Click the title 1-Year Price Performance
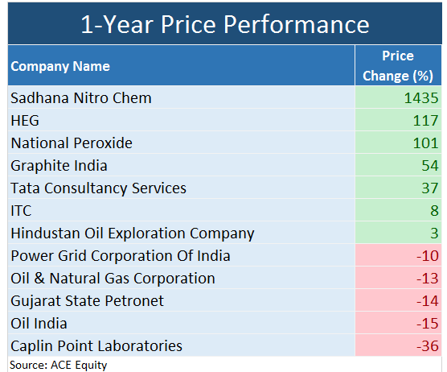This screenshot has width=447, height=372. [224, 23]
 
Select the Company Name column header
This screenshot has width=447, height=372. [60, 66]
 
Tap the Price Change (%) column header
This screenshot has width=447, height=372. [398, 66]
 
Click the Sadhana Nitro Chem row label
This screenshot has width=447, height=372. [81, 98]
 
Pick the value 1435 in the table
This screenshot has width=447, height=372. [421, 98]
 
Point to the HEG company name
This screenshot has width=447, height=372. [25, 121]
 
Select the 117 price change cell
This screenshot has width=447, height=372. [426, 121]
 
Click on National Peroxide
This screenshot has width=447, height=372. [72, 143]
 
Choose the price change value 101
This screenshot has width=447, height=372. [426, 143]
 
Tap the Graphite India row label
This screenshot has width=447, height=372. [59, 166]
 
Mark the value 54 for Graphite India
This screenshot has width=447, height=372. [430, 166]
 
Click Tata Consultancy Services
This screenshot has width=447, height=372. [98, 188]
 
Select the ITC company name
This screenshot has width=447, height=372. [22, 211]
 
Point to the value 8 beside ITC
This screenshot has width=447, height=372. [434, 211]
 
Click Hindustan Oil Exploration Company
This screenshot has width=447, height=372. [133, 234]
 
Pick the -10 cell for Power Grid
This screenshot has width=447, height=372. [429, 256]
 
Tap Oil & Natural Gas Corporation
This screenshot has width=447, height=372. [113, 279]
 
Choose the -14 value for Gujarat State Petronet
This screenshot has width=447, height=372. [429, 301]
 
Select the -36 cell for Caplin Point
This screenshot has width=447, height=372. [429, 346]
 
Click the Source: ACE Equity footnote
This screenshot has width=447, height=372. [59, 365]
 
